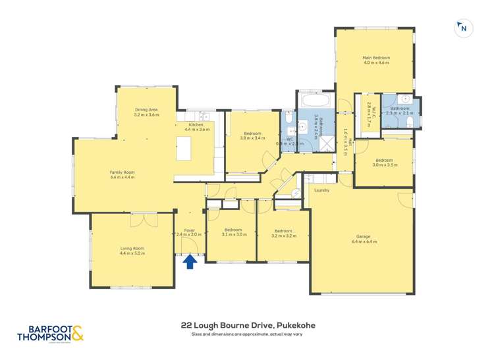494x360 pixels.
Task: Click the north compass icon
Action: coord(464,28)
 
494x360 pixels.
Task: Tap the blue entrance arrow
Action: coord(190,262)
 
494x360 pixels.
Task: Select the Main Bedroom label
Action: coord(376,58)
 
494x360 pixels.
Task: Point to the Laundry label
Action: coord(321,190)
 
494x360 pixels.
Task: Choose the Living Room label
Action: coord(132,248)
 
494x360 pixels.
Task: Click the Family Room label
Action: coord(121,172)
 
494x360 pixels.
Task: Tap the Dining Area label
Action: coord(146,109)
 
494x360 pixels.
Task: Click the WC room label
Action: coord(289,138)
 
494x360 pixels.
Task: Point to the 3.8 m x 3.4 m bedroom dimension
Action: coord(252,138)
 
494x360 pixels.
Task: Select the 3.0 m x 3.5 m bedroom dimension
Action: coord(384,165)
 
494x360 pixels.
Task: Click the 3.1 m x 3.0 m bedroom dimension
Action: coord(234,235)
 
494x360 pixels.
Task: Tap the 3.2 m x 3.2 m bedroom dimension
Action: coord(283,236)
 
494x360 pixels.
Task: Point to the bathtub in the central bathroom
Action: coord(314,103)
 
